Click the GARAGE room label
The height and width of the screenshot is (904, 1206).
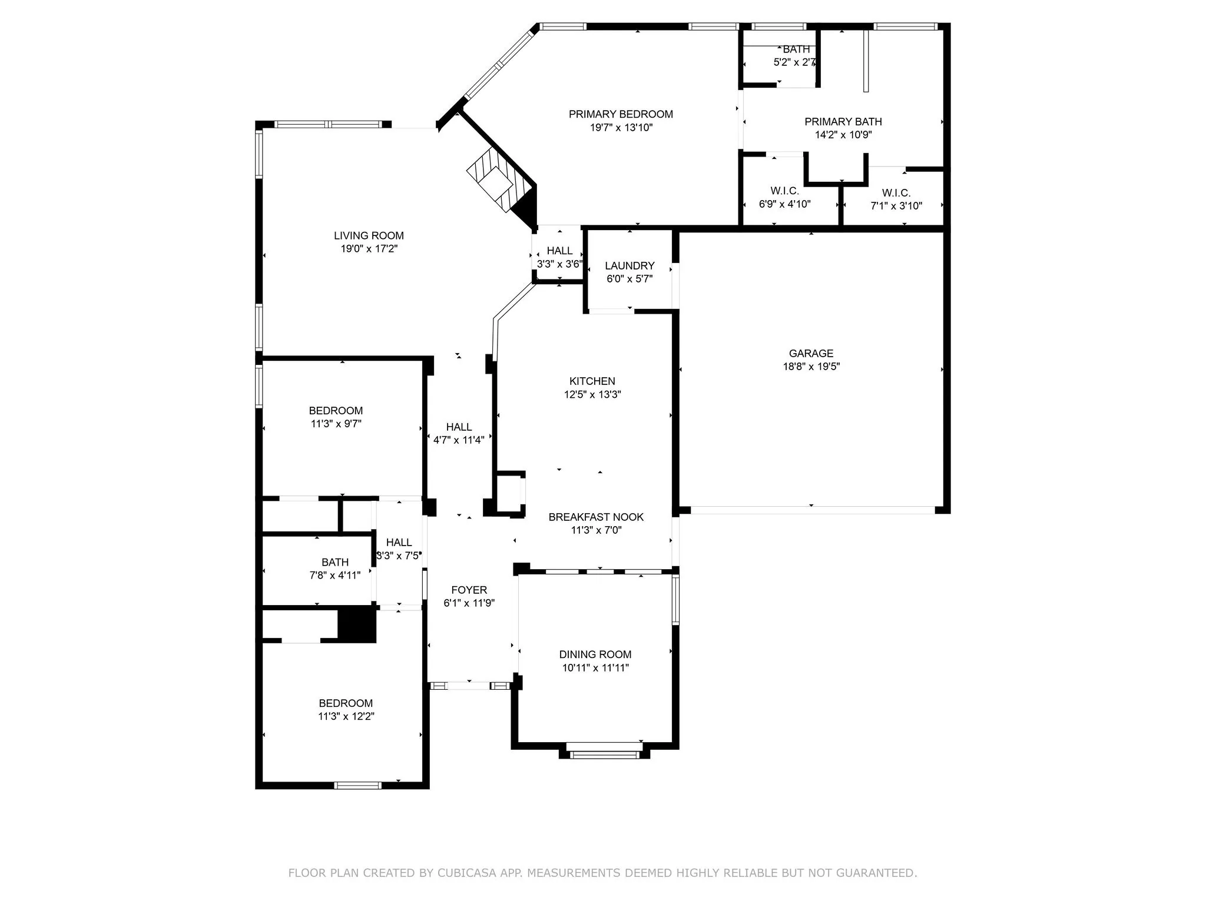coord(811,353)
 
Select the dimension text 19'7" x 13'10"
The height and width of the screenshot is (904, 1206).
coord(621,127)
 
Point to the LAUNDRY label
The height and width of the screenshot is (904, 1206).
coord(629,265)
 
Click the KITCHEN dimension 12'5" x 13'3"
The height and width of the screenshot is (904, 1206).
coord(592,394)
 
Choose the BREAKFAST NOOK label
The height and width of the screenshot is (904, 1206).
coord(596,517)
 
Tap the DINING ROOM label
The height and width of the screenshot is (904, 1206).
coord(595,654)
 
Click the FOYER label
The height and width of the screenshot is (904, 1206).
coord(469,590)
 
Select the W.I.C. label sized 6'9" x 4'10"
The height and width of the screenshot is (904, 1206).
coord(784,191)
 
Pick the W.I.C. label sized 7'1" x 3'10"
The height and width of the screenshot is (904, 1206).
coord(896,193)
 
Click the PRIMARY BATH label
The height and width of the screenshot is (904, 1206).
coord(843,121)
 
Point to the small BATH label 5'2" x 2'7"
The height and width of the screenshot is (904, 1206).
coord(796,49)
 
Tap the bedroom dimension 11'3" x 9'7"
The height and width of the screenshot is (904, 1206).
coord(336,423)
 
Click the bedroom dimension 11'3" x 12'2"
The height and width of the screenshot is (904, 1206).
coord(346,716)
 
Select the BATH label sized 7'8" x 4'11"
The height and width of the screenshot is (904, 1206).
coord(335,562)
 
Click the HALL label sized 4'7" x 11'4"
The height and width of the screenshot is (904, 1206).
coord(459,427)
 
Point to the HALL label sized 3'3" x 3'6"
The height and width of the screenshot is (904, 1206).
coord(559,251)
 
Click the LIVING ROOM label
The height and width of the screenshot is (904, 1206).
coord(369,235)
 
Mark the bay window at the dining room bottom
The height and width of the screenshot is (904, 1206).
coord(605,754)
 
